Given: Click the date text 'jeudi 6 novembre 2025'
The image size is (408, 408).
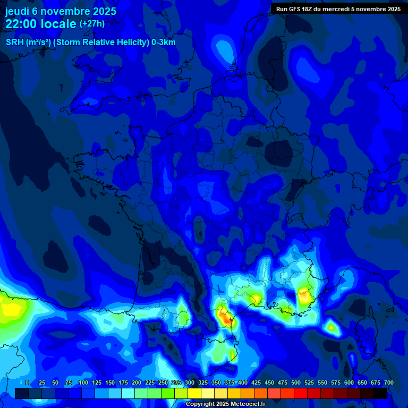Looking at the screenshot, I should tap(61, 11).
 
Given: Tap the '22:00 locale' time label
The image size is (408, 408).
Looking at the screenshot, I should tap(40, 24).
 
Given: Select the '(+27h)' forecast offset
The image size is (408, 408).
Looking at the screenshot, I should tap(92, 24).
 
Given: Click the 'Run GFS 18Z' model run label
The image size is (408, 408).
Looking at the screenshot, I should tap(301, 9).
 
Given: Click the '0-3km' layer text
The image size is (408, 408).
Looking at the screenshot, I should tap(164, 42).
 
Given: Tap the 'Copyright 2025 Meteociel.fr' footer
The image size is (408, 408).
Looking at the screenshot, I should tap(225, 404).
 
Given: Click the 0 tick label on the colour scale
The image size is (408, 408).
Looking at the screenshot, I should tap(27, 382).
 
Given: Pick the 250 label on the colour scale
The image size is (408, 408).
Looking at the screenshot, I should tap(163, 382).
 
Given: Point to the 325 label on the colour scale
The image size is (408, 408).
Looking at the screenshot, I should tap(203, 382).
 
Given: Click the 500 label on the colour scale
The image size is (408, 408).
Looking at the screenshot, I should tap(296, 382).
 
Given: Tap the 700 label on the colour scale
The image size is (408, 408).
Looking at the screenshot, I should tap(388, 382).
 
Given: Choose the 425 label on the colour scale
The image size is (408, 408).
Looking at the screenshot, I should tap(256, 382).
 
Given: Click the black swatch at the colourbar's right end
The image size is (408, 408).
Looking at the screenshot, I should tap(380, 394).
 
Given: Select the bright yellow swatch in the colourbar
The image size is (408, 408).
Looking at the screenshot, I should tap(194, 394).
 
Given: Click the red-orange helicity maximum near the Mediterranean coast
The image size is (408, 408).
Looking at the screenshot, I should tap(226, 318).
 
